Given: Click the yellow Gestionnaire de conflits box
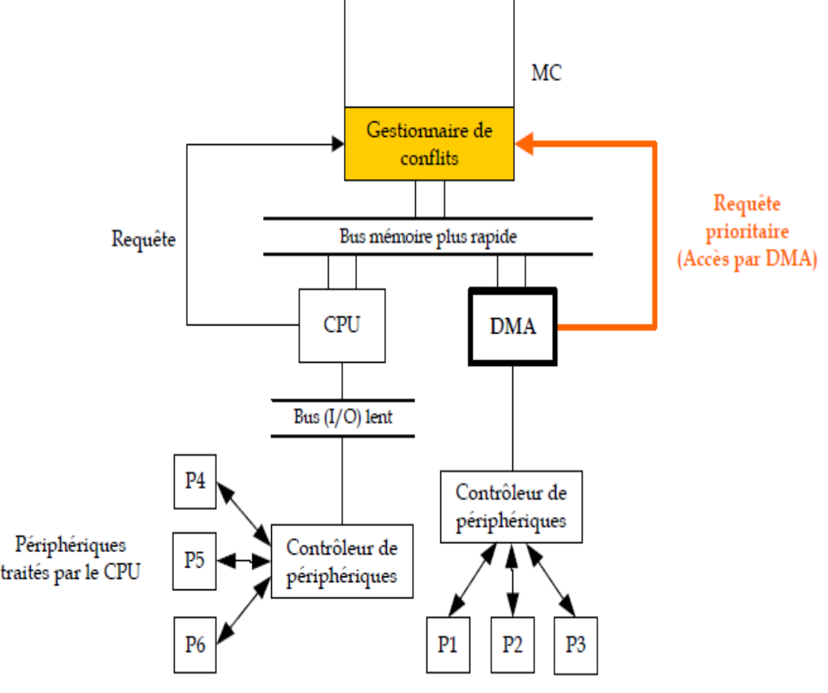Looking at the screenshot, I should pyautogui.click(x=429, y=143).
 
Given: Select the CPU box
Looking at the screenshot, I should pyautogui.click(x=341, y=325).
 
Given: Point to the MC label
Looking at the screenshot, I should pyautogui.click(x=546, y=74).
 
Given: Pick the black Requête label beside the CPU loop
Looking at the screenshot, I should pyautogui.click(x=144, y=240).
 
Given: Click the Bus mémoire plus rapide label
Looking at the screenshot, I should pyautogui.click(x=427, y=237).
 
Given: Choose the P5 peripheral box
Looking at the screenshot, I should pyautogui.click(x=194, y=559).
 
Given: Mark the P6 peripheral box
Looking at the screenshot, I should pyautogui.click(x=195, y=644).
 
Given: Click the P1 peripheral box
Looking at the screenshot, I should pyautogui.click(x=448, y=645).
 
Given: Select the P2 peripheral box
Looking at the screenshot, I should pyautogui.click(x=512, y=645).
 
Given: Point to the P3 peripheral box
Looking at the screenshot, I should pyautogui.click(x=575, y=645).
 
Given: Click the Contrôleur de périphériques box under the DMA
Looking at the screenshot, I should pyautogui.click(x=511, y=507).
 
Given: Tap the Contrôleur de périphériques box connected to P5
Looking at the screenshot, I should pyautogui.click(x=342, y=561).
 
